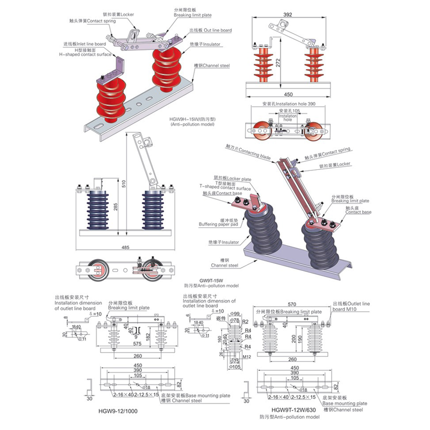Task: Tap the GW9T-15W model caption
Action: (x=212, y=281)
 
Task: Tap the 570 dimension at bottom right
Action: (x=292, y=302)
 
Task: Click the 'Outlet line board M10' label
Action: (x=352, y=306)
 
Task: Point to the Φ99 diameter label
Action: (x=232, y=313)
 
